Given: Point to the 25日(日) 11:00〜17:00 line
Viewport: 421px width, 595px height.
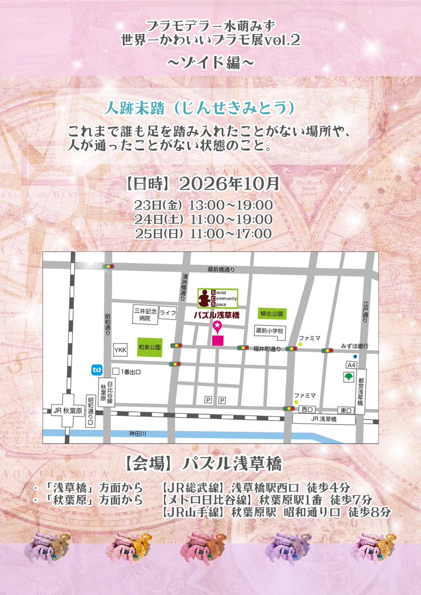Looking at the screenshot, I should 203,234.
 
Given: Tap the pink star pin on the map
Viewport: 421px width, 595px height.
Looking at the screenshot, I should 217,326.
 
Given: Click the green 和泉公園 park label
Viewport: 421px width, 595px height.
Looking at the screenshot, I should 149,347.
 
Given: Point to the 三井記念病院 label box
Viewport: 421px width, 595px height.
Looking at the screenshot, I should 144,315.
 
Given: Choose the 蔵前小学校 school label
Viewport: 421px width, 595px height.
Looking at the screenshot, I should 269,331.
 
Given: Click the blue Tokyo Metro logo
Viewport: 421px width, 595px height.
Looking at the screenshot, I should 97,370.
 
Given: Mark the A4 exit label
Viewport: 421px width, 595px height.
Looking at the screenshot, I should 351,365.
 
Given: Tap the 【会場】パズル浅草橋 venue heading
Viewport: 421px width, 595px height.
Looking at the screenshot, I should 203,464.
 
